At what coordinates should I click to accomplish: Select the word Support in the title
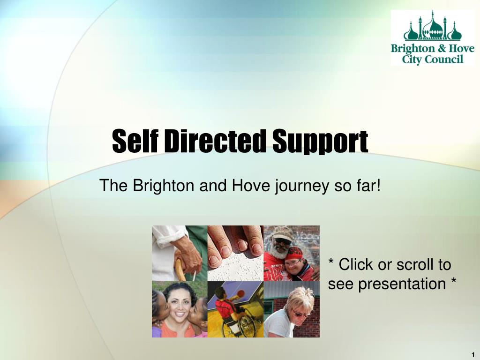click(320, 142)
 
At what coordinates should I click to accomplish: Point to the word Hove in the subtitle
click(251, 186)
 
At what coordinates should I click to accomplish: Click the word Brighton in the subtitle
click(164, 186)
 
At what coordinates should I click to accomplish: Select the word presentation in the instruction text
click(402, 284)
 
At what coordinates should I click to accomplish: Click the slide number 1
click(473, 354)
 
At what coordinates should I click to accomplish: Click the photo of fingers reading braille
click(235, 254)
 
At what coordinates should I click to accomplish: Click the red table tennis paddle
click(240, 293)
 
